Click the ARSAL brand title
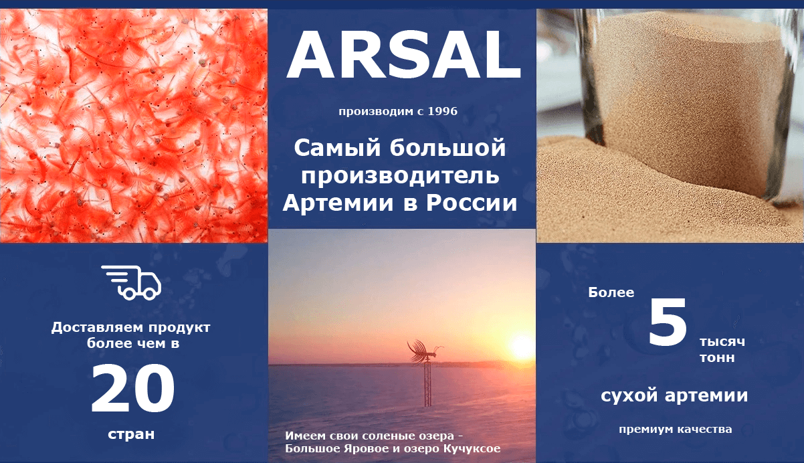(403, 55)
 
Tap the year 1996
(443, 111)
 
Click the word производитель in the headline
(400, 175)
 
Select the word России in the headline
(472, 203)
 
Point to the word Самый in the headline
(337, 149)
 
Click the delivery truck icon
(131, 282)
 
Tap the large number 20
(133, 389)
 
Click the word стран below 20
(131, 435)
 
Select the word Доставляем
(98, 328)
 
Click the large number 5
(668, 322)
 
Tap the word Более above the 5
(611, 292)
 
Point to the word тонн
(717, 358)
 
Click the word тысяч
(722, 342)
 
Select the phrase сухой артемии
(674, 396)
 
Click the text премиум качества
(676, 430)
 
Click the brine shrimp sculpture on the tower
(425, 351)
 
